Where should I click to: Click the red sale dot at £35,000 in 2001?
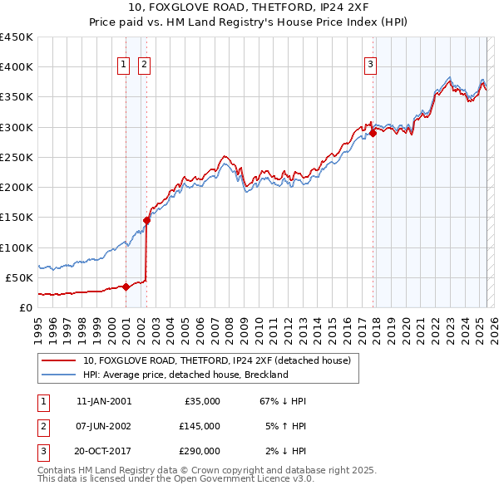pos(126,287)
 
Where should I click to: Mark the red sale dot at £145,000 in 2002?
pos(146,220)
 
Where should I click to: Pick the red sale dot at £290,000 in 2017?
pos(373,133)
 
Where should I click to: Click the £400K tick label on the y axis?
pos(17,67)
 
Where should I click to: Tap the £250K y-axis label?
pos(17,157)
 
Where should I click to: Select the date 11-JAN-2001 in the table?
pos(103,401)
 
